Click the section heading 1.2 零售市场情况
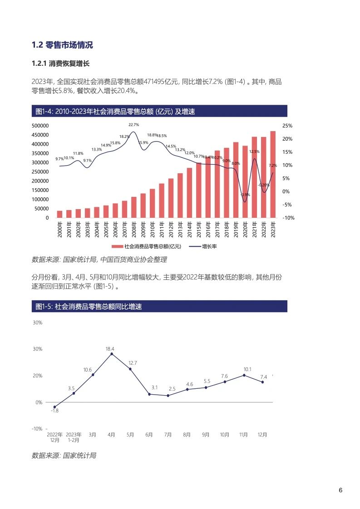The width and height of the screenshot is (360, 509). pyautogui.click(x=62, y=45)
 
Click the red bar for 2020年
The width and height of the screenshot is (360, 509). pyautogui.click(x=245, y=182)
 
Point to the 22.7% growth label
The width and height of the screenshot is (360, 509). pyautogui.click(x=133, y=124)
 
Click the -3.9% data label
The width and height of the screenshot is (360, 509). pyautogui.click(x=245, y=195)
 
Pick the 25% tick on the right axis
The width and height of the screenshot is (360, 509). pyautogui.click(x=287, y=126)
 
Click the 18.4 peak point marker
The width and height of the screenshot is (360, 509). pyautogui.click(x=112, y=354)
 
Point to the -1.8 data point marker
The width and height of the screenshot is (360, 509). pyautogui.click(x=54, y=407)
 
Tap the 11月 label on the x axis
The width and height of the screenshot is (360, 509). pyautogui.click(x=243, y=435)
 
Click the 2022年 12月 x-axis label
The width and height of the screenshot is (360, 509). pyautogui.click(x=54, y=437)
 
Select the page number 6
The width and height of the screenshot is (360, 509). pyautogui.click(x=340, y=490)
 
